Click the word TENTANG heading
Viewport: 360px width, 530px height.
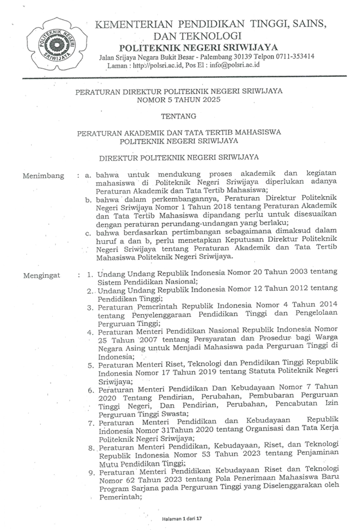tap(180, 116)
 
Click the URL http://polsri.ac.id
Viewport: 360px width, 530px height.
tap(151, 65)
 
